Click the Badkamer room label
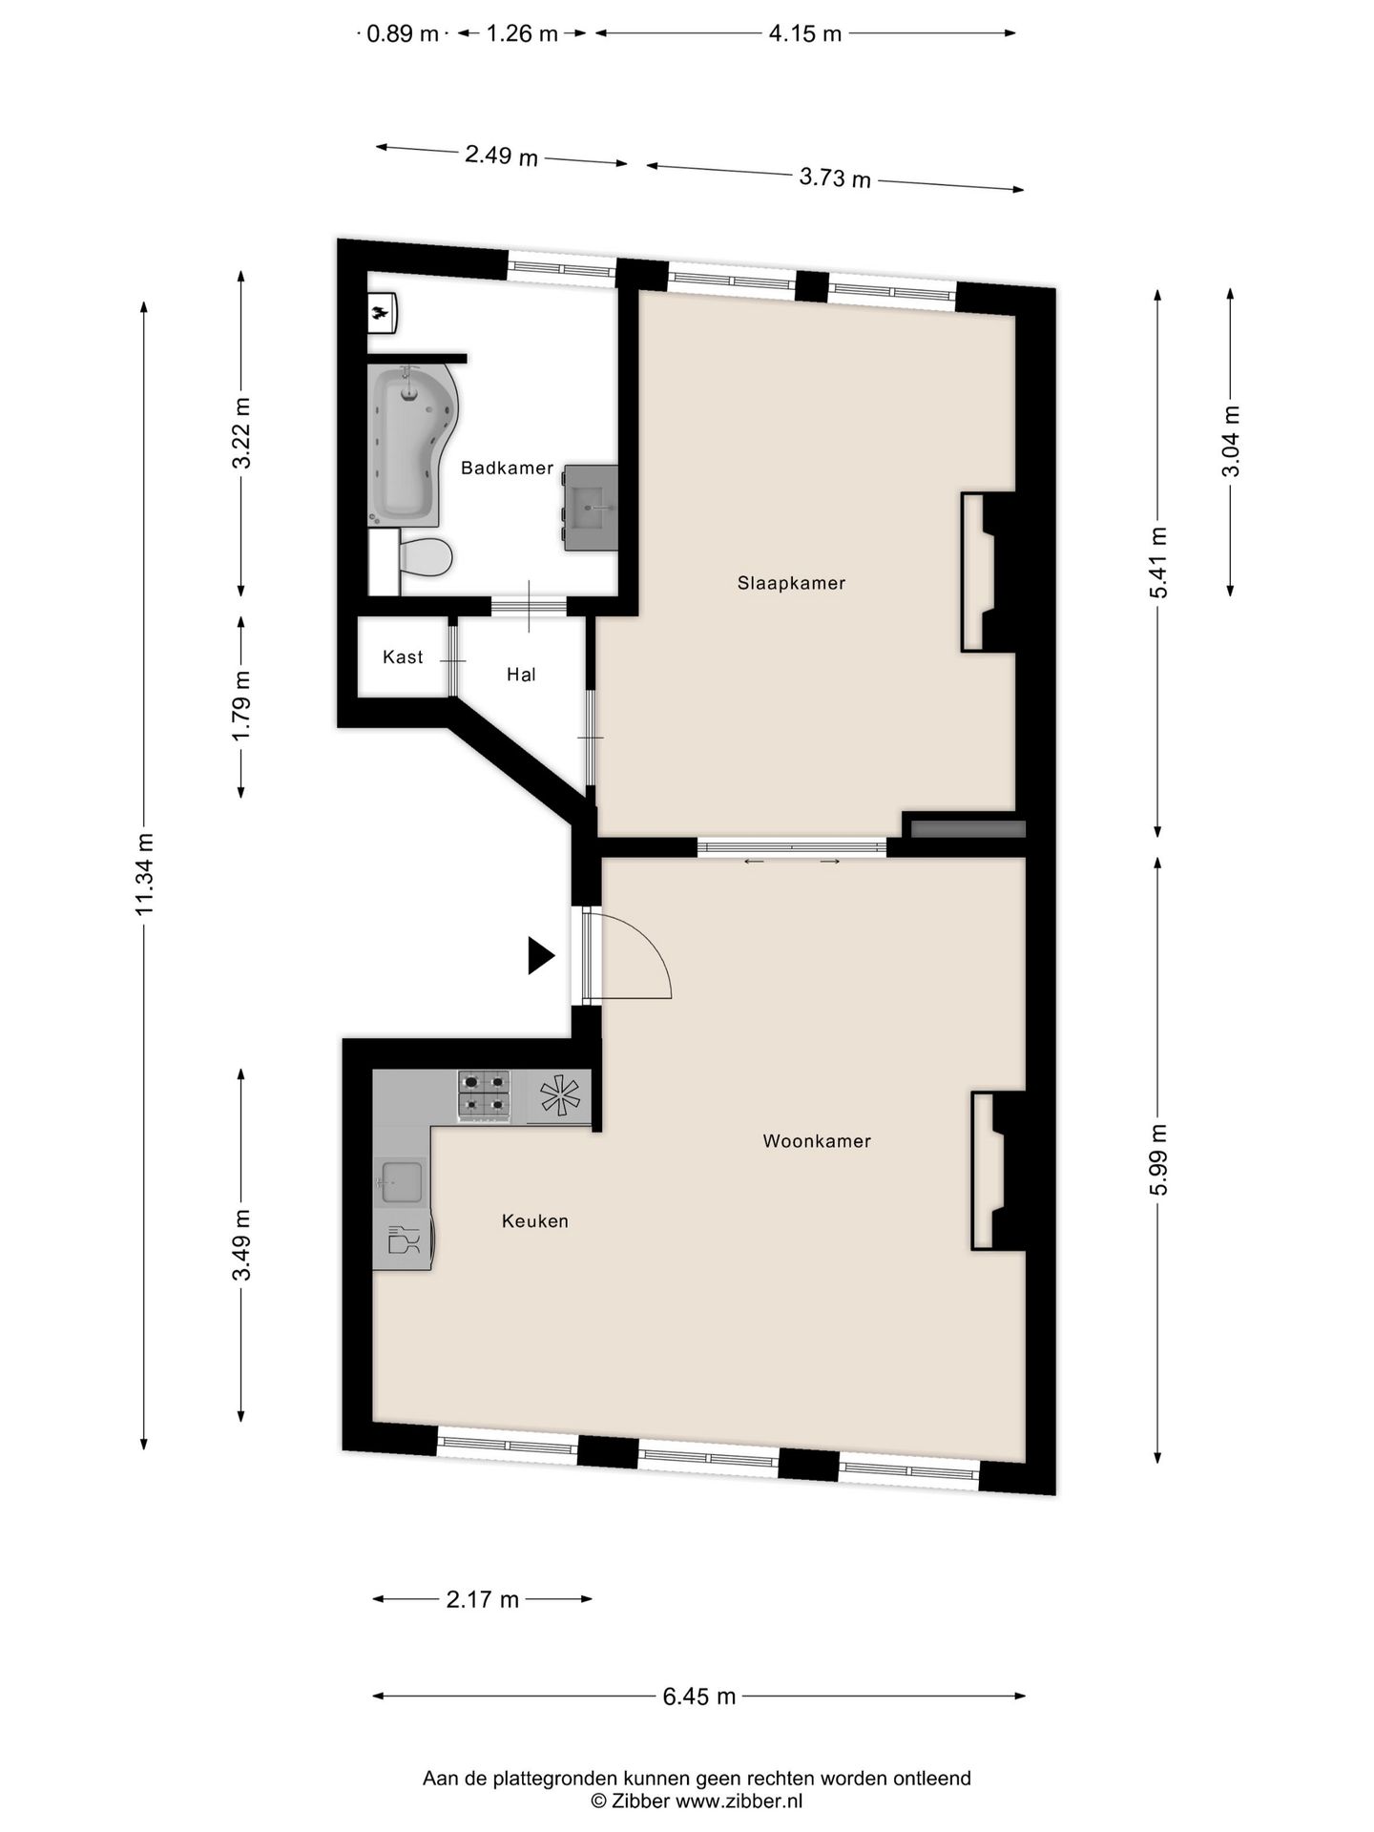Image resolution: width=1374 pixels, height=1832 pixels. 507,468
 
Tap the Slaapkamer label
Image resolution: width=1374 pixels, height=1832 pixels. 791,583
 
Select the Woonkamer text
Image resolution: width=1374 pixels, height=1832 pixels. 817,1141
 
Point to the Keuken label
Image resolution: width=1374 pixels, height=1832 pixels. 535,1221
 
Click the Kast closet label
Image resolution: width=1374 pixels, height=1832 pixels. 403,657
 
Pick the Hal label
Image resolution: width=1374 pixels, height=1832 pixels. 521,676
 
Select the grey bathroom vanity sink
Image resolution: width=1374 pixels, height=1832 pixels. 591,508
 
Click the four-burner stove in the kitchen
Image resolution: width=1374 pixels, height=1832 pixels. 486,1094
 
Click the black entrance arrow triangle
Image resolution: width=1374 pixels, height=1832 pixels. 540,956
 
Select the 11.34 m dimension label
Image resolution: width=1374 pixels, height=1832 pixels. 144,874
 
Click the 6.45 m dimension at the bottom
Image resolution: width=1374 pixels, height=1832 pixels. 699,1697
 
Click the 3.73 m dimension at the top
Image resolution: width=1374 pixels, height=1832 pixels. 835,177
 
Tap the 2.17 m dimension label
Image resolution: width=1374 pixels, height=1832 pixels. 482,1599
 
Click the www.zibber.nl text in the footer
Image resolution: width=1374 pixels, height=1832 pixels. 739,1801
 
